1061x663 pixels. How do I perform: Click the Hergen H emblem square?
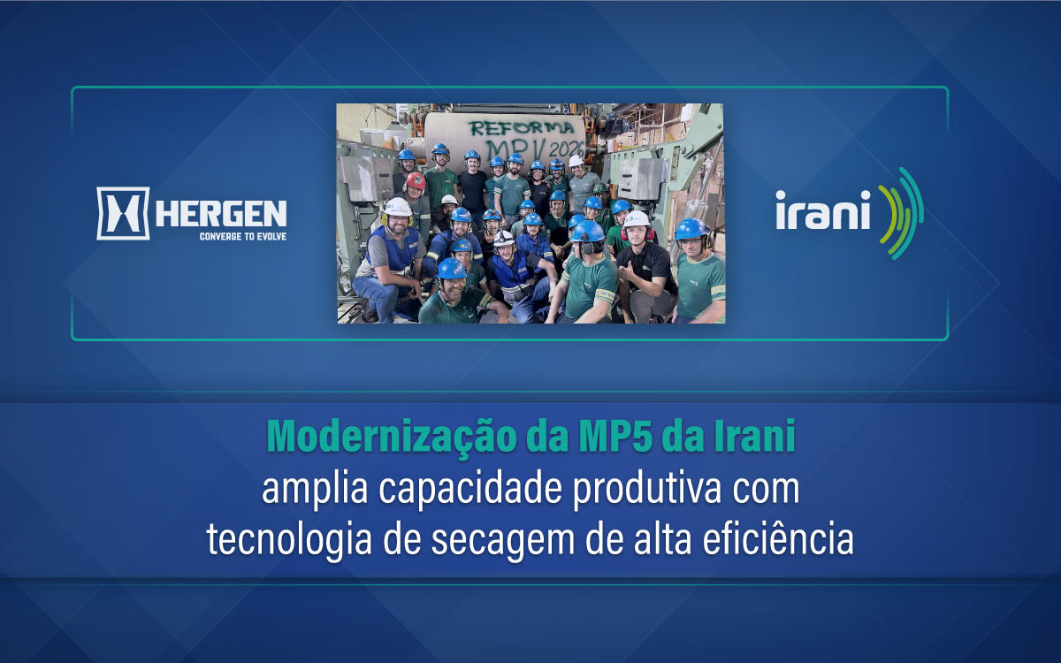click(x=123, y=213)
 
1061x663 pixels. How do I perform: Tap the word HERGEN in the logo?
click(x=221, y=214)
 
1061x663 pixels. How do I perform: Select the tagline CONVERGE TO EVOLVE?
click(x=243, y=236)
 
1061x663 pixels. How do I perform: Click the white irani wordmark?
click(x=823, y=210)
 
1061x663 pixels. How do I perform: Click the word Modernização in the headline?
click(x=391, y=437)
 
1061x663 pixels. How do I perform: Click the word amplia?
click(x=315, y=490)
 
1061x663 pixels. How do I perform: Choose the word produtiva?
click(x=647, y=490)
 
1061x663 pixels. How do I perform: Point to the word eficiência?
click(x=778, y=539)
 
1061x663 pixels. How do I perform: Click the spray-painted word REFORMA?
click(x=522, y=128)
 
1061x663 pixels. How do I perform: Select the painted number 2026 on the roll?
click(x=567, y=149)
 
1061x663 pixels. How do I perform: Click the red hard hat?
click(x=416, y=181)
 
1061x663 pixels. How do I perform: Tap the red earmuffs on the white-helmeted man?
click(x=637, y=233)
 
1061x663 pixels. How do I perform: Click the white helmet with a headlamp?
click(x=504, y=238)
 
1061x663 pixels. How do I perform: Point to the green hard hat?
click(x=600, y=188)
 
